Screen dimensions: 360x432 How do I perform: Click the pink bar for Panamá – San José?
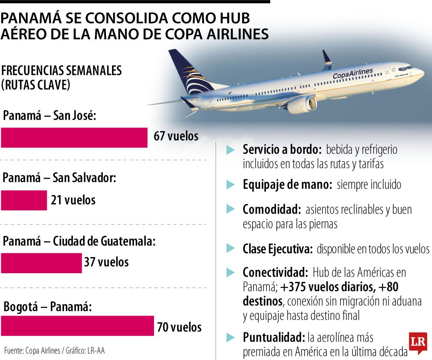click(74, 138)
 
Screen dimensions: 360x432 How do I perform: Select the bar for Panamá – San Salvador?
click(24, 200)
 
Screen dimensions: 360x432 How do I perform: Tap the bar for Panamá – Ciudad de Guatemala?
click(41, 263)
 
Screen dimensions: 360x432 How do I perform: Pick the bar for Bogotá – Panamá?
click(77, 326)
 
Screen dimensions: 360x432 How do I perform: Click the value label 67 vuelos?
click(176, 136)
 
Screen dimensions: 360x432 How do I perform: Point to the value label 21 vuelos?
click(73, 200)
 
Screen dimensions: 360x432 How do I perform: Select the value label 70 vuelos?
click(179, 328)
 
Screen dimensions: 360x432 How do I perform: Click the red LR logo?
click(418, 342)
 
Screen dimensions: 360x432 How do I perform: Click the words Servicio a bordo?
click(282, 150)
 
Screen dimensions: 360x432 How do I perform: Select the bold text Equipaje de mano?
click(287, 185)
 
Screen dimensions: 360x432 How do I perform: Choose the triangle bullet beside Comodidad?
click(230, 209)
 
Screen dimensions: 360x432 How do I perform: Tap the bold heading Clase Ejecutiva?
click(277, 249)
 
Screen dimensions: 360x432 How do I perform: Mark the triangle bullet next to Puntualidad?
click(230, 337)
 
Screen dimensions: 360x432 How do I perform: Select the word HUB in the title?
click(231, 18)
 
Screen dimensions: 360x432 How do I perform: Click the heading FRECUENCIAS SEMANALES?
click(62, 70)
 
